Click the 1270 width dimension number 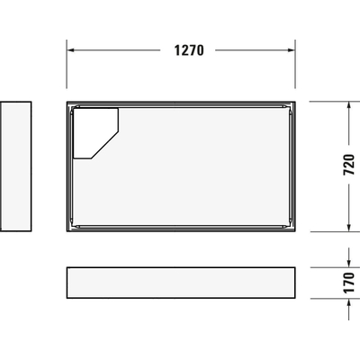[188, 50]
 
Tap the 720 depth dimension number [350, 166]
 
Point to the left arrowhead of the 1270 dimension [71, 50]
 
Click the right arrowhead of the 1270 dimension [292, 50]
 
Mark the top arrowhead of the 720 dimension [349, 106]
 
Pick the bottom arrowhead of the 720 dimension [349, 227]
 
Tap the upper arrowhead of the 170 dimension [349, 262]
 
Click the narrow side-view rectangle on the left [16, 166]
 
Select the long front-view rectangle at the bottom [181, 282]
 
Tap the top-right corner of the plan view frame [296, 103]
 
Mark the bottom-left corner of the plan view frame [67, 230]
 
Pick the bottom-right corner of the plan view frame [296, 230]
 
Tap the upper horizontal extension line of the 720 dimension [328, 102]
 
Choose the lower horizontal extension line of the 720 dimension [328, 231]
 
